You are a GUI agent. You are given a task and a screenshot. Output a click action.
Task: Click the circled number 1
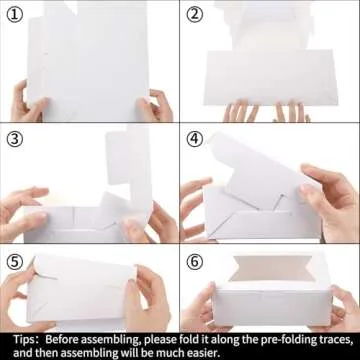coord(14,15)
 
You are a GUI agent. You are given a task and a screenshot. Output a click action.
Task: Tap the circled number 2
coord(194,15)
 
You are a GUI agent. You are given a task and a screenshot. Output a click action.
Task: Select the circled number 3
coord(14,139)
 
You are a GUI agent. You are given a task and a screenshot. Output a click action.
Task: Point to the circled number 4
coord(194,139)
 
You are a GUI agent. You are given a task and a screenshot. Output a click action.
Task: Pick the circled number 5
coord(14,262)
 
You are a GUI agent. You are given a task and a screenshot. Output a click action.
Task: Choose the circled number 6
coord(194,262)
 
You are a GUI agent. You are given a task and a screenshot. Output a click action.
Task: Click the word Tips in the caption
coord(24,340)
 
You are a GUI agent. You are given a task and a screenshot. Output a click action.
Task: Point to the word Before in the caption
coord(62,340)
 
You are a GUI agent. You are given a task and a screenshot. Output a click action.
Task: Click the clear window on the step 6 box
coord(273,268)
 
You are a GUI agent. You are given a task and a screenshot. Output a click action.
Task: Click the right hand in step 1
coord(156,106)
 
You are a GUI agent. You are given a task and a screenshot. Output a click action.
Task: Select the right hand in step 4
coord(328,200)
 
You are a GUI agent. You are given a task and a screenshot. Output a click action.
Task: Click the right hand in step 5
coord(147,297)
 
